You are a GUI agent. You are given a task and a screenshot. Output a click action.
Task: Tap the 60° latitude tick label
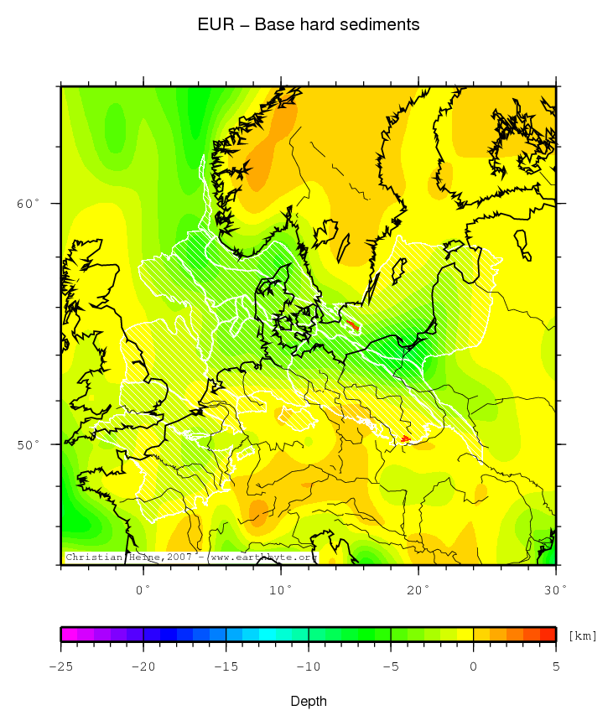(29, 204)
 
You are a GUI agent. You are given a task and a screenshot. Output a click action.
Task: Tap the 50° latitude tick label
(29, 443)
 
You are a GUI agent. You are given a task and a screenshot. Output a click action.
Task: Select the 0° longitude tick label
(143, 589)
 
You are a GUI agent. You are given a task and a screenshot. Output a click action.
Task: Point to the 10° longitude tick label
(281, 589)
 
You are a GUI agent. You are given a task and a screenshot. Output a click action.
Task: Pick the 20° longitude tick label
(418, 589)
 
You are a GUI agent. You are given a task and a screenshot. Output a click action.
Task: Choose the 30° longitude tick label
(555, 589)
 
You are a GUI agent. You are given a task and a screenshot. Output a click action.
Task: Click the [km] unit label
(583, 635)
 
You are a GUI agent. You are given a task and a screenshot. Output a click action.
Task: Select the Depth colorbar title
(309, 701)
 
